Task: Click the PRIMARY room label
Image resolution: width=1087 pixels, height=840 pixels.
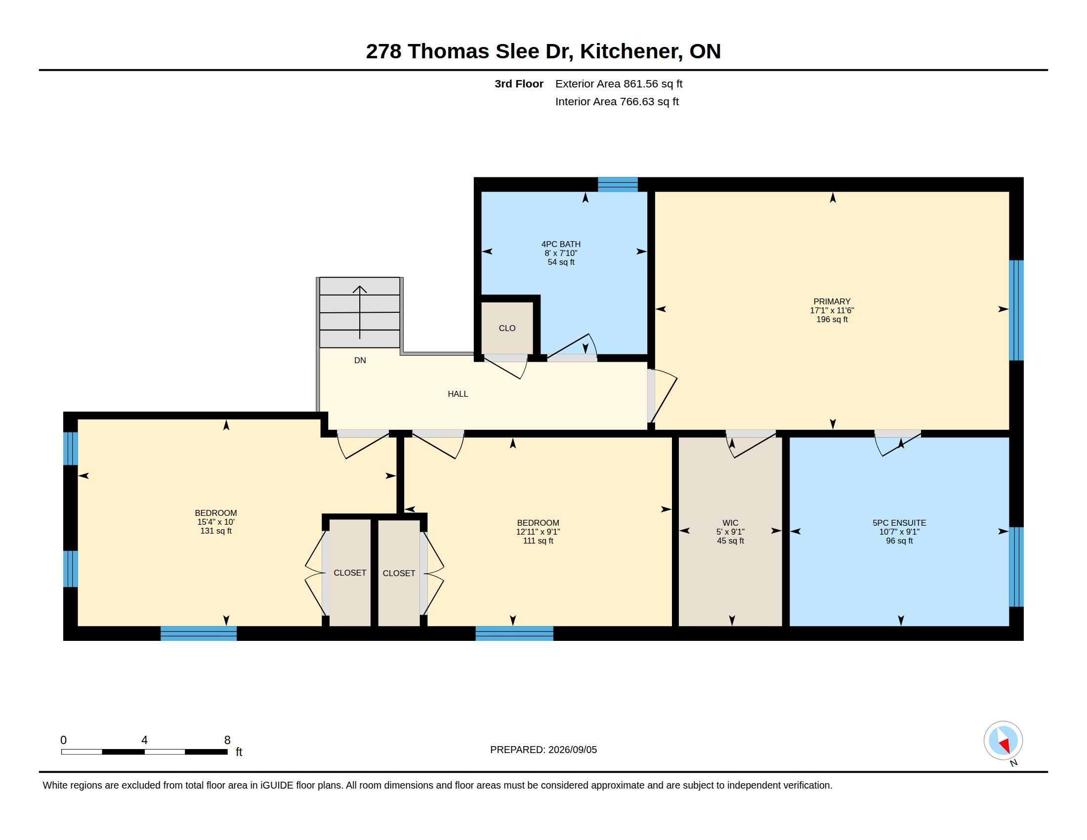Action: [832, 301]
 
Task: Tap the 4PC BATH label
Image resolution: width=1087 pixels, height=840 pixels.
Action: [561, 244]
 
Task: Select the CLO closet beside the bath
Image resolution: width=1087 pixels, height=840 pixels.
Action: [507, 329]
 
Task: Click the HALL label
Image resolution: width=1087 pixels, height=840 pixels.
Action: [458, 394]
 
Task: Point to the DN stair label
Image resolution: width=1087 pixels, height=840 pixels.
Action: [360, 360]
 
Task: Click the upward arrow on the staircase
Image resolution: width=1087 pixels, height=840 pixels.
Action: [360, 312]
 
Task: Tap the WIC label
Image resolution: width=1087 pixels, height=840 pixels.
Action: [731, 523]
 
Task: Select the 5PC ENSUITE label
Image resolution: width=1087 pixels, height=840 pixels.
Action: [899, 523]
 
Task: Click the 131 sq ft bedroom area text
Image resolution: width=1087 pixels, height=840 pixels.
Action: [216, 531]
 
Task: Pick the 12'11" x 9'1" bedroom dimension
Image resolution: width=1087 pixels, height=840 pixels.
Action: [538, 532]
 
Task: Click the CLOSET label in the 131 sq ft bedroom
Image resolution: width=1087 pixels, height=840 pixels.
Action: [350, 573]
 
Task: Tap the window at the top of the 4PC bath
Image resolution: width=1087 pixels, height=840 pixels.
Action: [618, 185]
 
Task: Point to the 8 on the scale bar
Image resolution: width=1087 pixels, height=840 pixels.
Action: [227, 740]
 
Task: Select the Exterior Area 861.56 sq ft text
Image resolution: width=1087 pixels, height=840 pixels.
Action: [619, 84]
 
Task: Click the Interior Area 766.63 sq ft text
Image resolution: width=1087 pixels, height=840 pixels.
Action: [617, 102]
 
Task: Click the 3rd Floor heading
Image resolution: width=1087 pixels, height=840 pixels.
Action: [519, 84]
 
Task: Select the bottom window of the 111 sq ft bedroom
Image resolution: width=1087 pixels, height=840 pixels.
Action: [515, 633]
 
